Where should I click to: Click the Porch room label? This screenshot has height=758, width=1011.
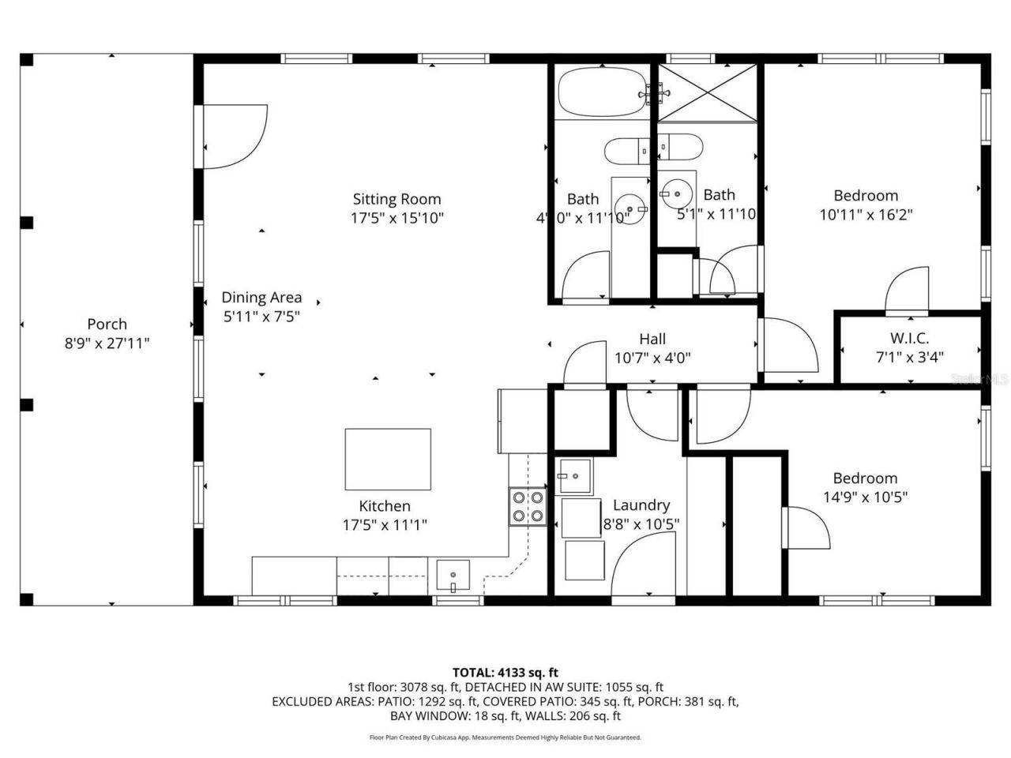tap(107, 324)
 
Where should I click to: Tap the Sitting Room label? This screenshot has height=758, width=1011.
tap(397, 199)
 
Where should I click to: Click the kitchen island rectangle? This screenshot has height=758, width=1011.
tap(387, 460)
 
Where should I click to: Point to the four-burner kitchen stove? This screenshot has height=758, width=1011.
tap(528, 507)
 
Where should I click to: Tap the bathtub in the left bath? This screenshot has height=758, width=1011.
tap(602, 92)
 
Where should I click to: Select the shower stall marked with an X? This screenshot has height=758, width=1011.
tap(707, 93)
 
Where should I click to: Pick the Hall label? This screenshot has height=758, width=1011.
tap(652, 339)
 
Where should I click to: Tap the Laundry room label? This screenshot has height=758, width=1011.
tap(641, 505)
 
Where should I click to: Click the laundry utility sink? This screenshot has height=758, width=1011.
tap(575, 477)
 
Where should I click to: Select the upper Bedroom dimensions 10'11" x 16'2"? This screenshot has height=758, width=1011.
tap(866, 214)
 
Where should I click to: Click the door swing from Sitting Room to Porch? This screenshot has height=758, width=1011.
tap(233, 136)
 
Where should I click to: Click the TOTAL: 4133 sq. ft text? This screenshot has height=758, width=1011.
tap(505, 673)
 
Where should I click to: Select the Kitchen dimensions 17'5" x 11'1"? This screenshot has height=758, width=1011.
tap(385, 524)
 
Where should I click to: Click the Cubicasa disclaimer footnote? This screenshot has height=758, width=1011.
tap(505, 737)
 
